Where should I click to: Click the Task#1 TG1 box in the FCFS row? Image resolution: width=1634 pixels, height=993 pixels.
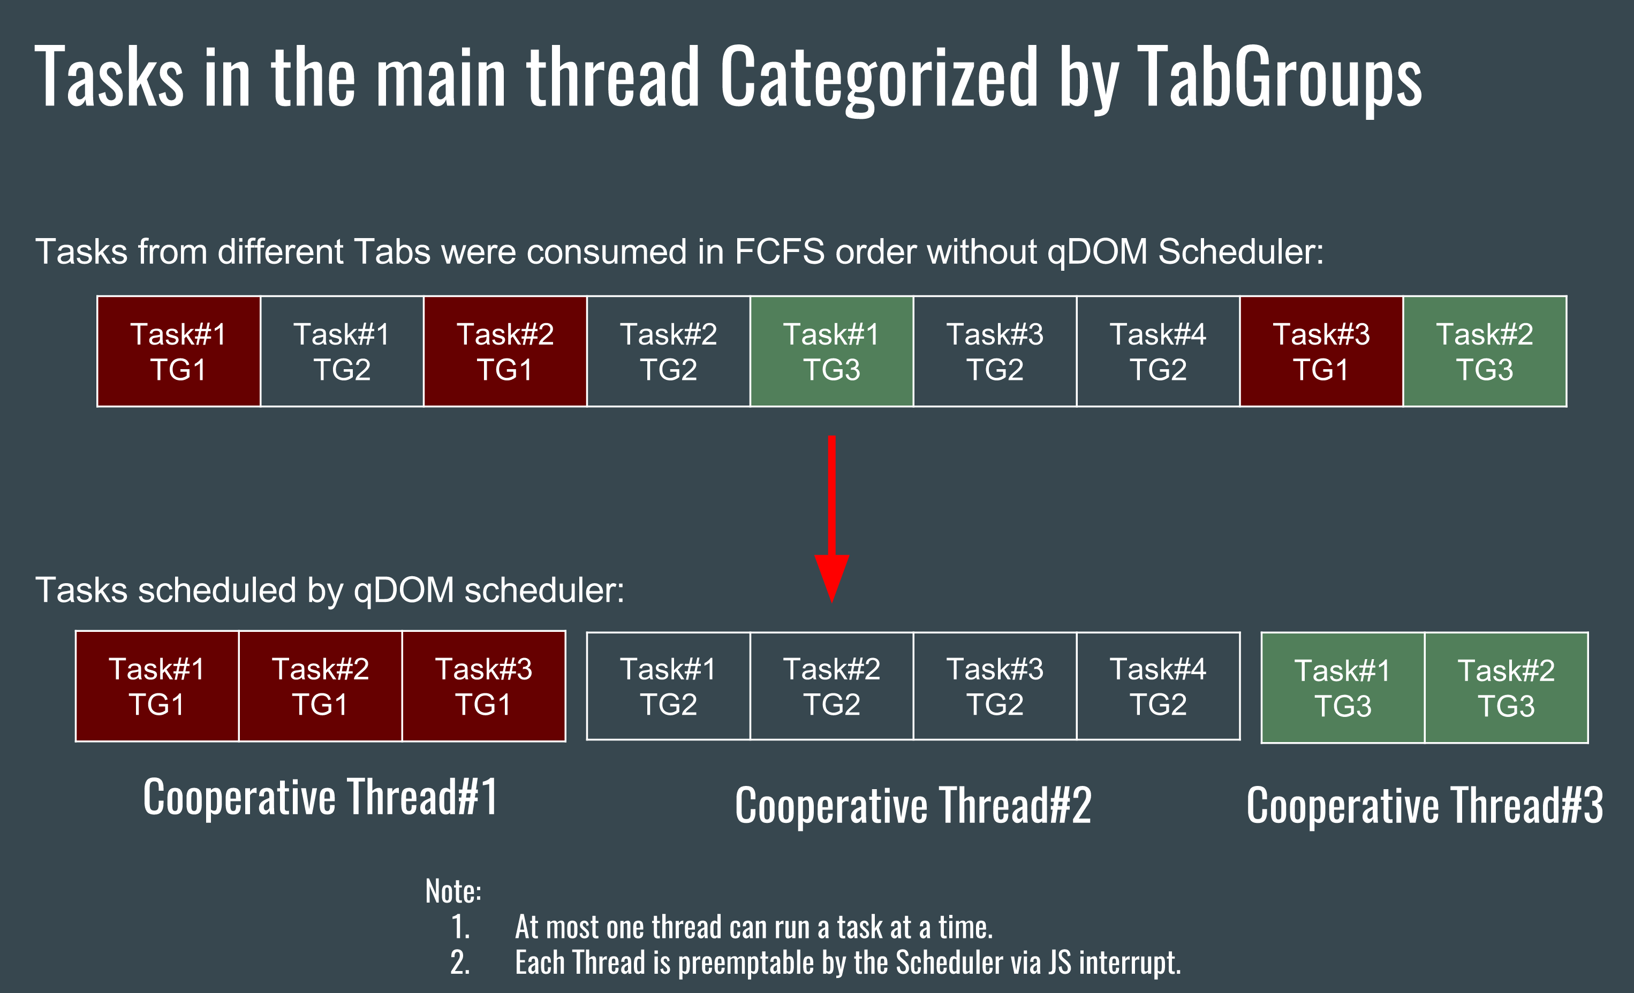pos(178,352)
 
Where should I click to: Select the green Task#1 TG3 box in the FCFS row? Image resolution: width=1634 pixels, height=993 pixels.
pos(831,352)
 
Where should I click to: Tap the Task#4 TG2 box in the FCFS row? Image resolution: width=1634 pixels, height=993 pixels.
pos(1158,352)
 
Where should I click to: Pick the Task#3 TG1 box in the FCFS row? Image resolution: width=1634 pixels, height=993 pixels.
pos(1321,352)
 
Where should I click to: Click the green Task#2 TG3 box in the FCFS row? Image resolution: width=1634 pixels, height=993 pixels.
pos(1485,352)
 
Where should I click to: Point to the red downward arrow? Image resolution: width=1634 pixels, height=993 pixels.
pos(831,519)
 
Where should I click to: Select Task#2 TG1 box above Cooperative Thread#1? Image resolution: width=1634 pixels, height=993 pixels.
pos(320,686)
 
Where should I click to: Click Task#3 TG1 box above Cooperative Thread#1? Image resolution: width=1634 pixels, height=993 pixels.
pos(483,686)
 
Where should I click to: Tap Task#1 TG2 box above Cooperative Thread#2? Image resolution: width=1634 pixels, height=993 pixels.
pos(669,686)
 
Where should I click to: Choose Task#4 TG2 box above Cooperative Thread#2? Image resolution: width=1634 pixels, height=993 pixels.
pos(1158,686)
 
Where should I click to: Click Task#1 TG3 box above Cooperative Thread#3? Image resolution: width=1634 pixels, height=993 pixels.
pos(1343,688)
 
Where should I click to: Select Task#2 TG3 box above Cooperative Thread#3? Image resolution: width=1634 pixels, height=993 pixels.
pos(1506,688)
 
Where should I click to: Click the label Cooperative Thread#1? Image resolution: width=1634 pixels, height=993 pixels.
pos(320,797)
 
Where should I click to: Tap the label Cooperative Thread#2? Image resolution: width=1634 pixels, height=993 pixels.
pos(913,805)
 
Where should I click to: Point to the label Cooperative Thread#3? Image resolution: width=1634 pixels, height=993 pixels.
pos(1425,805)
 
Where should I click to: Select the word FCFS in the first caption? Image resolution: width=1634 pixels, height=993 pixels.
pos(780,252)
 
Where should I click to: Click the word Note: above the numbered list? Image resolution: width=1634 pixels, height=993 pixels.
pos(453,891)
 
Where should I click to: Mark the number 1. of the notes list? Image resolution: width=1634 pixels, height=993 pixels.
pos(460,927)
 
